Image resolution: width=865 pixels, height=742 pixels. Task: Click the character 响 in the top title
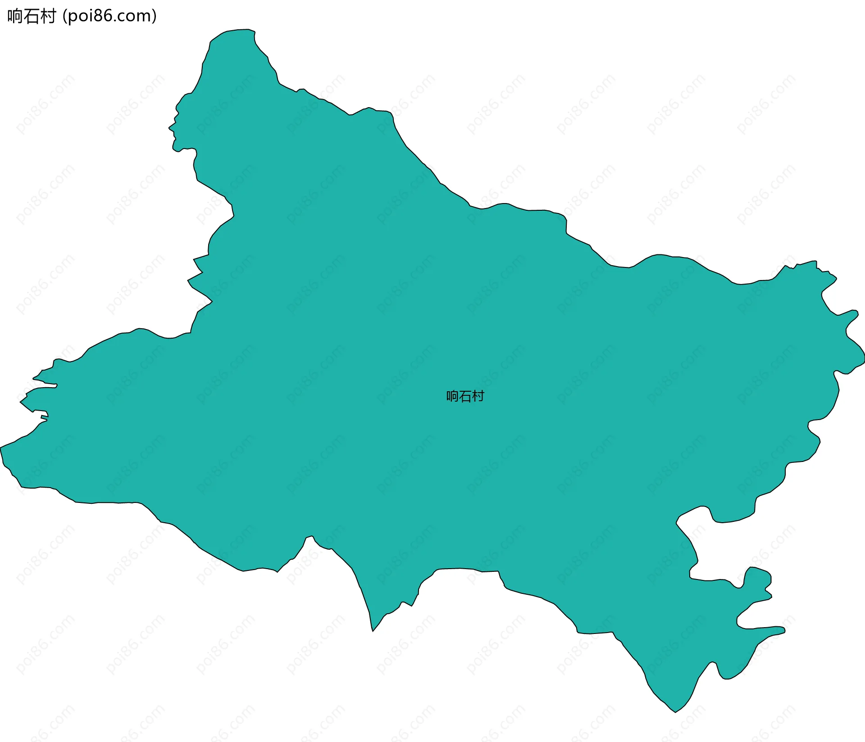coord(15,16)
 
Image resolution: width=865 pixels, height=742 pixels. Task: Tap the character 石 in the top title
coord(31,16)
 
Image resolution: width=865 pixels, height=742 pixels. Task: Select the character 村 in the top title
coord(47,16)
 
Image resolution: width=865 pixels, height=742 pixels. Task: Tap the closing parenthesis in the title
coord(155,16)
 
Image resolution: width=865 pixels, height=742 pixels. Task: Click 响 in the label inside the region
coord(452,396)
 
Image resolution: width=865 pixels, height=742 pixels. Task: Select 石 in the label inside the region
coord(465,396)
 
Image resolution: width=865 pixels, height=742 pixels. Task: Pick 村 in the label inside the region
coord(478,396)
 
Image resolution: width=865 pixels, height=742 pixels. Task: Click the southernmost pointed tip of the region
coord(675,711)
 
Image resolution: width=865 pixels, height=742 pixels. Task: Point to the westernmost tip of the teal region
coord(1,448)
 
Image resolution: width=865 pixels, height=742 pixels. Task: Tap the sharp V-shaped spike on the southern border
coord(373,630)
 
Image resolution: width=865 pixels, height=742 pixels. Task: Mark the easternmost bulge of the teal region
coord(863,358)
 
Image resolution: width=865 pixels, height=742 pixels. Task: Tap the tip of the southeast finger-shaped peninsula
coord(783,630)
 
